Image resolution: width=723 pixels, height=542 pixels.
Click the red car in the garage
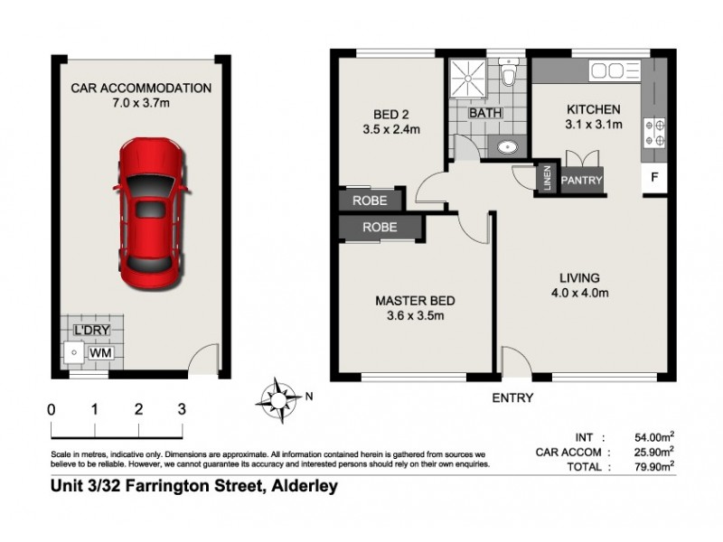tap(151, 210)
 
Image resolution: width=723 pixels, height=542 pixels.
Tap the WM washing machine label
tap(94, 350)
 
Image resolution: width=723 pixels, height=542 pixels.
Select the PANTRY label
tap(582, 181)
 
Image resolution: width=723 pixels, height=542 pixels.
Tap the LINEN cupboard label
tap(548, 179)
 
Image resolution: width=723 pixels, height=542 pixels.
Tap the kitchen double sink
tap(609, 71)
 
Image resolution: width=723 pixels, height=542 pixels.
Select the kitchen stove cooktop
tap(653, 134)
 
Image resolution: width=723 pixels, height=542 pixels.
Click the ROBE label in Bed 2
tap(371, 201)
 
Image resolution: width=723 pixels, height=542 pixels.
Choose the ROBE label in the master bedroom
tap(380, 228)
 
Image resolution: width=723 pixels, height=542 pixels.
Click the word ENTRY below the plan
tap(512, 397)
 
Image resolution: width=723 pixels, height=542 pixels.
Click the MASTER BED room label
tap(415, 301)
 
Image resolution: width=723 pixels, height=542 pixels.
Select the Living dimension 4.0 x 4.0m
tap(579, 293)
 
